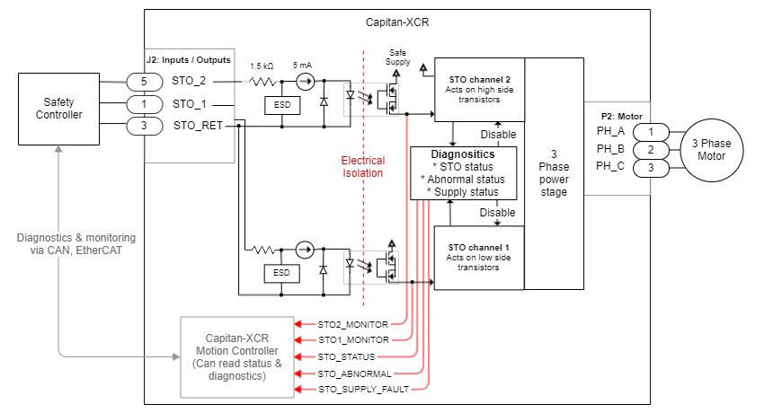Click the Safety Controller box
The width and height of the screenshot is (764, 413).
[58, 108]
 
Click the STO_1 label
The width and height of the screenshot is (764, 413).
[190, 104]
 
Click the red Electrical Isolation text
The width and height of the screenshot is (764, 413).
[362, 167]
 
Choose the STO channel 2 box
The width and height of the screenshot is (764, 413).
[479, 90]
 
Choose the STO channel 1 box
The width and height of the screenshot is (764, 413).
[479, 257]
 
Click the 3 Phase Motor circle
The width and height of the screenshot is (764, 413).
[715, 149]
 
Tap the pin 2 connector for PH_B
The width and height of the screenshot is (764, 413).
[651, 149]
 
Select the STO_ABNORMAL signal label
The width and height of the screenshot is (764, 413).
[352, 373]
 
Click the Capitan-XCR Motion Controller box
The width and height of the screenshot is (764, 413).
[236, 356]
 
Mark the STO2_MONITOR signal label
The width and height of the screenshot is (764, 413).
[353, 323]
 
